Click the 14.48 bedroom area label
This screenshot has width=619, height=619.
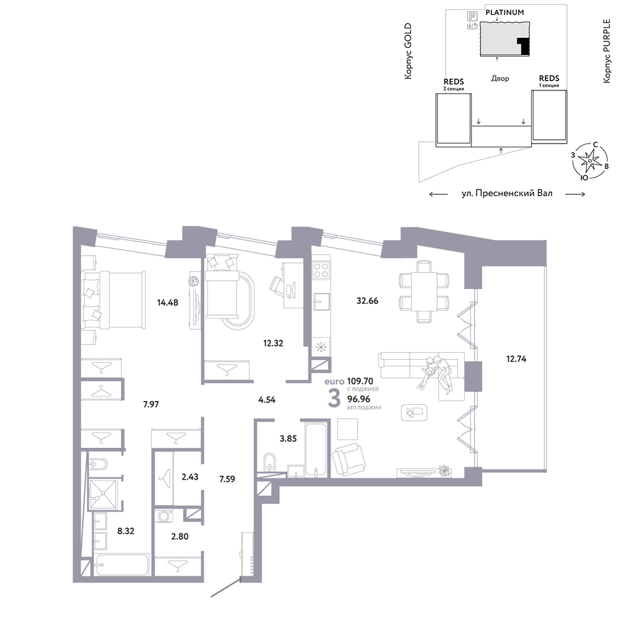167,303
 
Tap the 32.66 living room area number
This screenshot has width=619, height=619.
367,301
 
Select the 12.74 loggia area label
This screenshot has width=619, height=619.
516,359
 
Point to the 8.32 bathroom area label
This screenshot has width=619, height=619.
126,531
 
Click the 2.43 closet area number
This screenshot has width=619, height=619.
190,477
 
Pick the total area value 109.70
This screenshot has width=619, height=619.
360,381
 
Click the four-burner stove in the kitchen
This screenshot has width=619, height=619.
321,270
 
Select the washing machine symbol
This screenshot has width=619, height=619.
164,516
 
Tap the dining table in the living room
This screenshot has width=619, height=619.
424,292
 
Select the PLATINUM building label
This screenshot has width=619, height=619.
504,12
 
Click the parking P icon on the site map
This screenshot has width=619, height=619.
472,16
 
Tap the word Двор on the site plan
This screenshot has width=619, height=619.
500,79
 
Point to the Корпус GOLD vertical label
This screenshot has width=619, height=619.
408,51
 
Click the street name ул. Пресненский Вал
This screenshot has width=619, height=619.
507,193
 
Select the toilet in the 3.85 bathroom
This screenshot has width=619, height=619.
270,462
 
